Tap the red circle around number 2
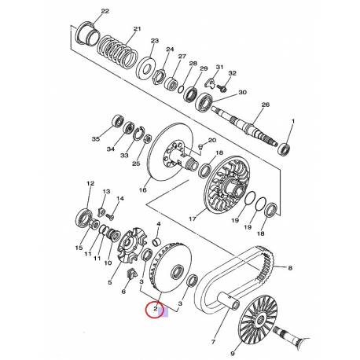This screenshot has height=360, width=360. (x=156, y=310)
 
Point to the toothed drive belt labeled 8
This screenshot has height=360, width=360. (x=236, y=277)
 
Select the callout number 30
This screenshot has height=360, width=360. (x=242, y=92)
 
